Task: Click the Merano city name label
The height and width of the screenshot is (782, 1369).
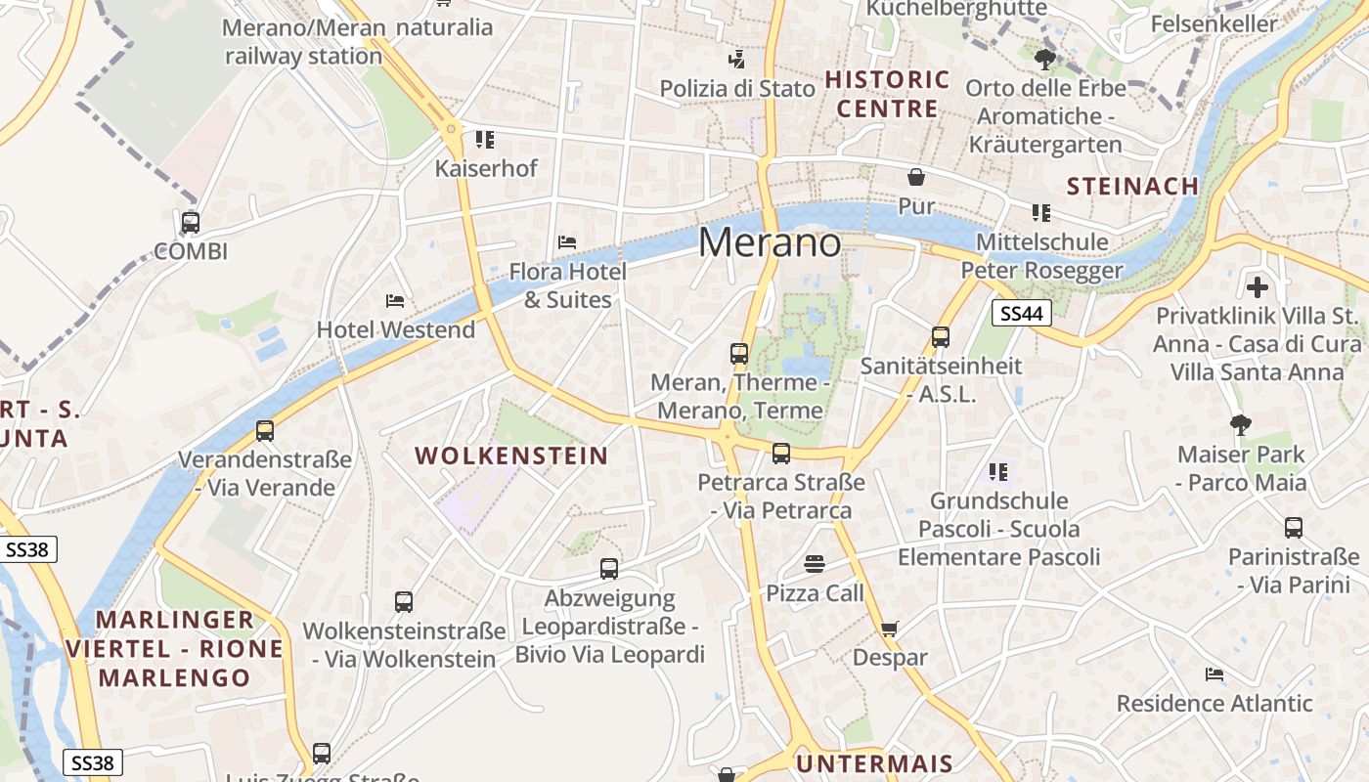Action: [x=770, y=242]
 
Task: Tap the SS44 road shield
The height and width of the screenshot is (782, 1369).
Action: [x=1022, y=313]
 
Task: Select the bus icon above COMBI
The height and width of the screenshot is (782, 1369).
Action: [x=191, y=223]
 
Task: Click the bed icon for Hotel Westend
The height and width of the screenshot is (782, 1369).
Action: [x=395, y=300]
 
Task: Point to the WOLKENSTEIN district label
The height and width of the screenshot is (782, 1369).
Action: [x=511, y=456]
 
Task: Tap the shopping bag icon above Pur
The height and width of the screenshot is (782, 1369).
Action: [x=916, y=177]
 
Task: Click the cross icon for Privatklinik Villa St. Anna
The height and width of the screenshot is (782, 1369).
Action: [x=1258, y=287]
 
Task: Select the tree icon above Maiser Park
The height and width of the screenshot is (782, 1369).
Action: [x=1241, y=425]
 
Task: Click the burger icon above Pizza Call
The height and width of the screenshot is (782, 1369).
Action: [x=815, y=564]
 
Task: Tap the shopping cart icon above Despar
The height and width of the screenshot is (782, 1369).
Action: [x=889, y=629]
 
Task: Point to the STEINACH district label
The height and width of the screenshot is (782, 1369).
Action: [x=1132, y=186]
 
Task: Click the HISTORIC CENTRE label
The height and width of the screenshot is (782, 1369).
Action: [x=888, y=94]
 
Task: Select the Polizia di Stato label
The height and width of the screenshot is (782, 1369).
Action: [x=737, y=89]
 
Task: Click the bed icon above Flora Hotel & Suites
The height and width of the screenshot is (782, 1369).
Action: [x=567, y=241]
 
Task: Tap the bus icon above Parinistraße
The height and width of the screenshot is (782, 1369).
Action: [x=1294, y=528]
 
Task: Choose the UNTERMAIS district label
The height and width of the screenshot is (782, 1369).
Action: [x=874, y=763]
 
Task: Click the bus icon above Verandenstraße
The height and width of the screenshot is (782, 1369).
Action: [x=265, y=430]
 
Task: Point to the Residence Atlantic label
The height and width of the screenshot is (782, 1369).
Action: [x=1214, y=703]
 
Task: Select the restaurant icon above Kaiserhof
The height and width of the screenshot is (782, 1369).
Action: [x=485, y=140]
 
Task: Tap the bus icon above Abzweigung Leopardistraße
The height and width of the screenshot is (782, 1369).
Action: [x=609, y=569]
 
